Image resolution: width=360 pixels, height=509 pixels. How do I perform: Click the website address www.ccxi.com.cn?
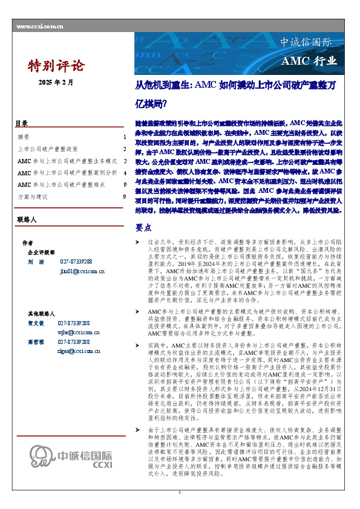pos(40,27)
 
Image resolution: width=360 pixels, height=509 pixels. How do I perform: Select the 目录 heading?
pos(21,123)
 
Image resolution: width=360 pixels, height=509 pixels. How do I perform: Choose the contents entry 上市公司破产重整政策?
pos(48,149)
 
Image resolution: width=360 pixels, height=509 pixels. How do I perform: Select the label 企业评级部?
pos(41,252)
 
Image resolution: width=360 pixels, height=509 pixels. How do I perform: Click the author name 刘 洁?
pos(36,262)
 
